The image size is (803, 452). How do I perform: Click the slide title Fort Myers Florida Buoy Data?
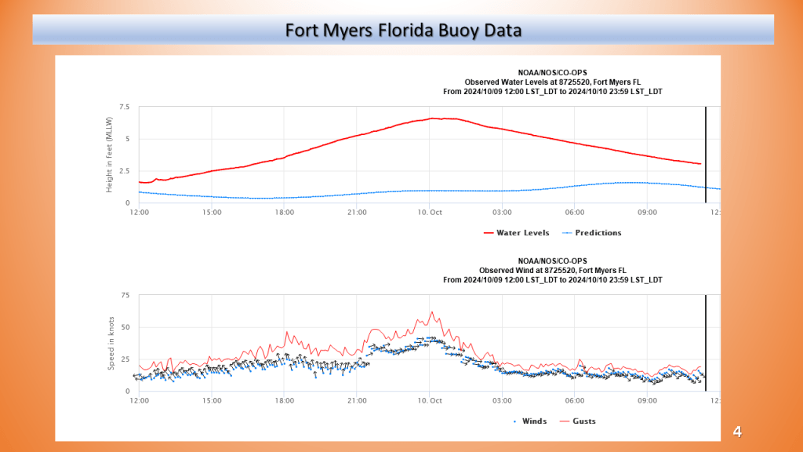click(x=403, y=31)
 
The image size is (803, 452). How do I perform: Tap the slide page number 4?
click(x=737, y=432)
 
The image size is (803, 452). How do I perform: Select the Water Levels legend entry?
click(x=517, y=233)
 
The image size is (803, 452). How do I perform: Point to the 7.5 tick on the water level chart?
click(x=125, y=107)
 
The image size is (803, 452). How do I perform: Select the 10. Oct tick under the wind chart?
click(x=430, y=400)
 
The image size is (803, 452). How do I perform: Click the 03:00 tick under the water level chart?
click(x=502, y=212)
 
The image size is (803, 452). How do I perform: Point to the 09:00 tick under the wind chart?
click(x=648, y=400)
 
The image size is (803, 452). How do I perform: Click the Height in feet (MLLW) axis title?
click(x=111, y=155)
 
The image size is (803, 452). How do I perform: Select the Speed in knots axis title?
click(x=111, y=344)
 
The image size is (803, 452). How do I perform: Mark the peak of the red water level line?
click(x=434, y=118)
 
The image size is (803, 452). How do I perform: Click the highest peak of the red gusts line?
click(x=431, y=312)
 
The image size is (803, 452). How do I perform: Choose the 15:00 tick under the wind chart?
click(x=212, y=400)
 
